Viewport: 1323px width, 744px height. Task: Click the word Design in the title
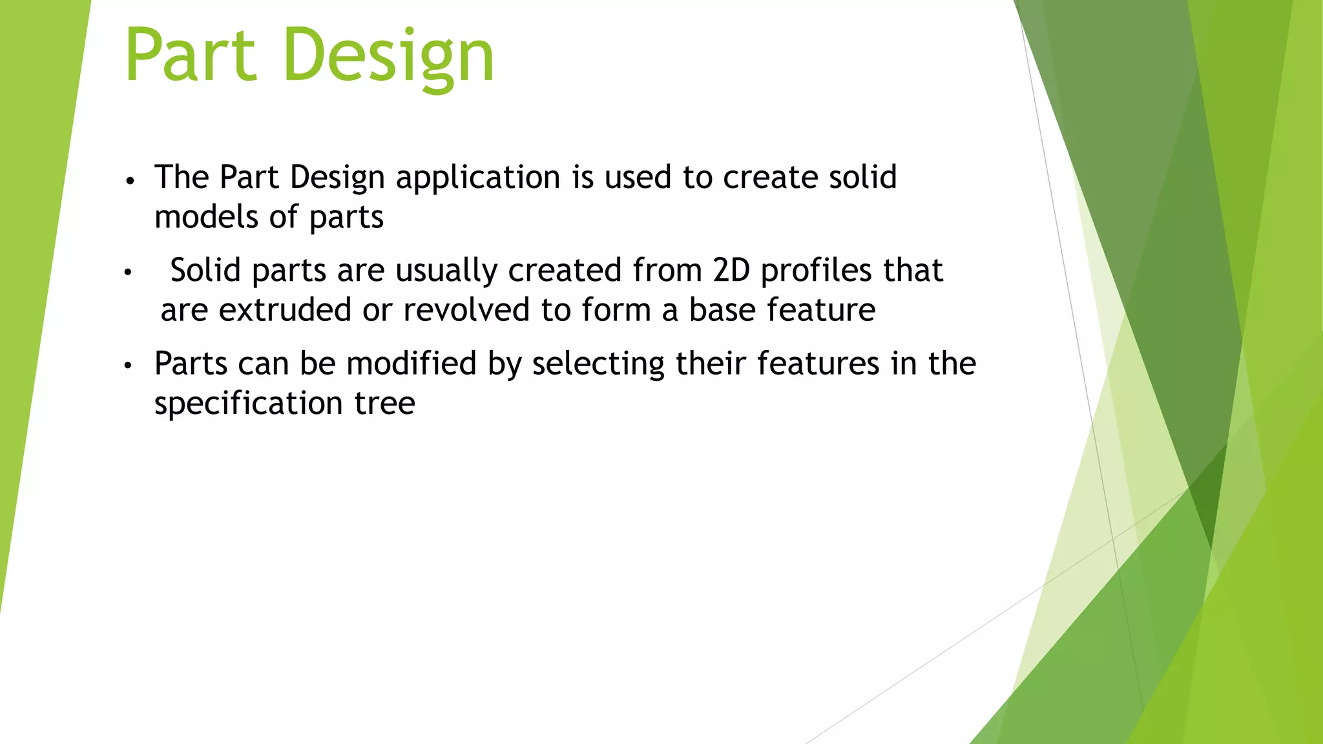(x=388, y=57)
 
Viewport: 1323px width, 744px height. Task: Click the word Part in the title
(x=191, y=57)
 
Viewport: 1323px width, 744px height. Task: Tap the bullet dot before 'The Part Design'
(x=130, y=181)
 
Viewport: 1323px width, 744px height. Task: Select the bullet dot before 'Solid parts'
(x=128, y=273)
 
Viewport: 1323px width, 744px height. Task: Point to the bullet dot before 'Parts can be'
(x=128, y=366)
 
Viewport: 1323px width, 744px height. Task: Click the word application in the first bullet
(x=478, y=178)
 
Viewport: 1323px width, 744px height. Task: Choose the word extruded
(x=285, y=310)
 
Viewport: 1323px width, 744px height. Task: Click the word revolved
(x=466, y=310)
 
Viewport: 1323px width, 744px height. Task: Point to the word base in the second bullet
(x=722, y=310)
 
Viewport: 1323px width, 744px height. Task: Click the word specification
(x=248, y=404)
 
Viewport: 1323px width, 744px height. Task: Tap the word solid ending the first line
(x=863, y=178)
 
